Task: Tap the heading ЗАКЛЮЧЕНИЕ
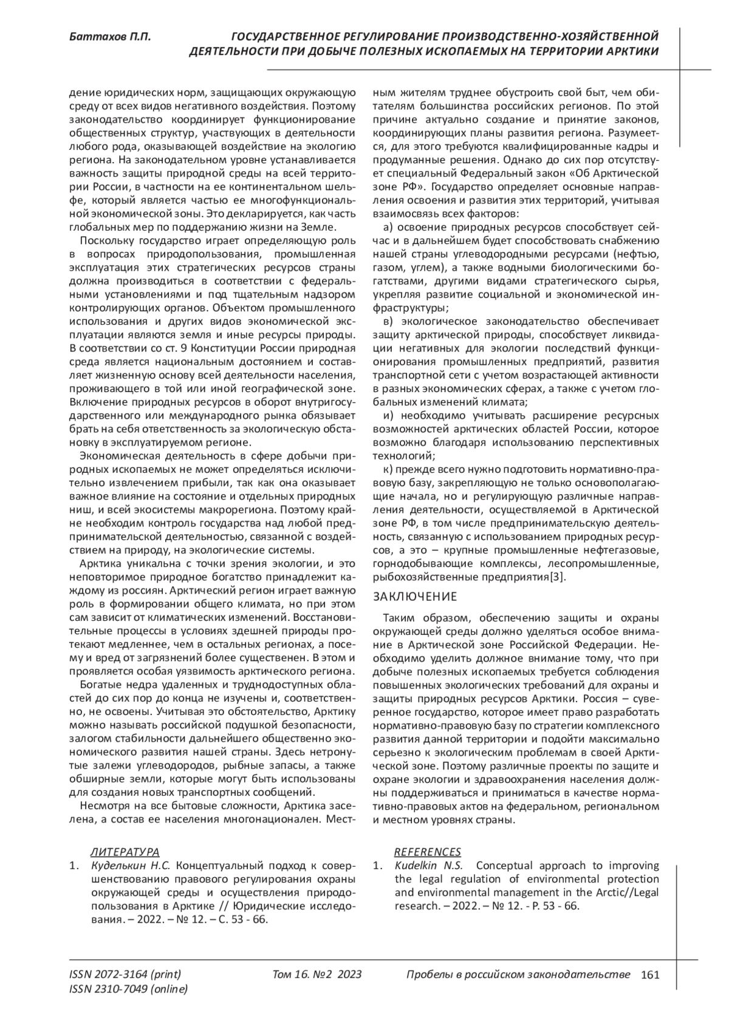pyautogui.click(x=414, y=597)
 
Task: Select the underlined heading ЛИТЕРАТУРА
pyautogui.click(x=125, y=852)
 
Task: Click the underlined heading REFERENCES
pyautogui.click(x=427, y=852)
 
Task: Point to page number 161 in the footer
pyautogui.click(x=650, y=975)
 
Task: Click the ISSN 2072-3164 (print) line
pyautogui.click(x=125, y=975)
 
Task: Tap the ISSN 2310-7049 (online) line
pyautogui.click(x=129, y=989)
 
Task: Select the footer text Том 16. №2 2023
pyautogui.click(x=317, y=975)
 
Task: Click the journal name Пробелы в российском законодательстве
pyautogui.click(x=518, y=975)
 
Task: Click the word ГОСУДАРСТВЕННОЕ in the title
pyautogui.click(x=289, y=37)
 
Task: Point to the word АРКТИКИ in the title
pyautogui.click(x=634, y=52)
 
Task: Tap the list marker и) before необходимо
pyautogui.click(x=389, y=416)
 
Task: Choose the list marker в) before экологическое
pyautogui.click(x=389, y=322)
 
